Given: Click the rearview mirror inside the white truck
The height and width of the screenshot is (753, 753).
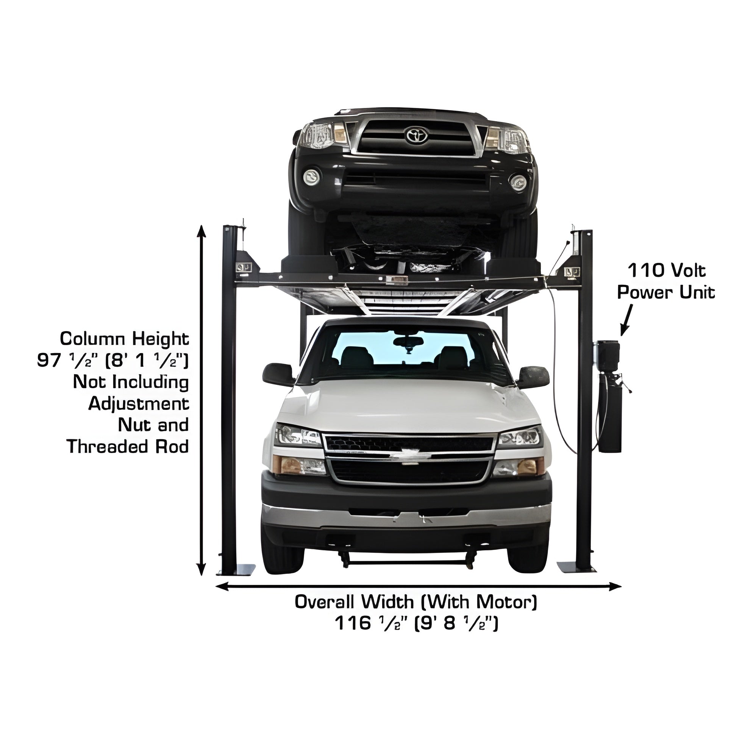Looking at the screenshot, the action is tap(408, 342).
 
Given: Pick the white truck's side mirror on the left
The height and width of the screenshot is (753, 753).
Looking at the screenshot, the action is tap(278, 374).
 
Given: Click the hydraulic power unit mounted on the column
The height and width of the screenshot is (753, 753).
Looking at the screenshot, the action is tap(608, 395).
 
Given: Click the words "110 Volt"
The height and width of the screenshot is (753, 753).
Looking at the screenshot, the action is tap(667, 270).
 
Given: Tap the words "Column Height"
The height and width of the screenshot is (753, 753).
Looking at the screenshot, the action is tap(124, 339).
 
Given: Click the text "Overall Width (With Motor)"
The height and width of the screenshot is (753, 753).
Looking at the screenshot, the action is tap(416, 602).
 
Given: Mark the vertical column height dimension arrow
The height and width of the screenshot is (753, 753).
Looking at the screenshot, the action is tap(201, 400).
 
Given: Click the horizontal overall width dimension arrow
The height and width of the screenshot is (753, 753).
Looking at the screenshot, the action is tap(418, 586).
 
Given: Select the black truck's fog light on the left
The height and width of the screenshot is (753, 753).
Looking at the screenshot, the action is tap(311, 177).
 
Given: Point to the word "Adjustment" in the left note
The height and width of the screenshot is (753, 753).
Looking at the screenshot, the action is tap(139, 404).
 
